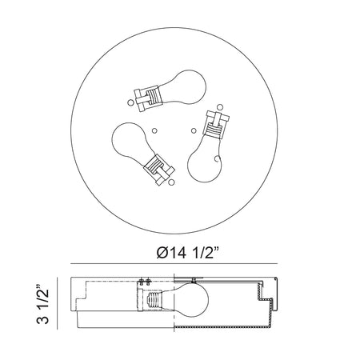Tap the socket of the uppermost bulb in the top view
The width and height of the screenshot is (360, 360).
[148, 98]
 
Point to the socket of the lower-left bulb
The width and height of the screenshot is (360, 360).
[159, 170]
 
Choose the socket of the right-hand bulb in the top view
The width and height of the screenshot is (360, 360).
[216, 125]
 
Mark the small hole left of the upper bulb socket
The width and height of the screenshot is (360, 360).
[130, 102]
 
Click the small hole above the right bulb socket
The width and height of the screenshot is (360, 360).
[220, 107]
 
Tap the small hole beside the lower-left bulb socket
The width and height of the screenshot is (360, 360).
[172, 182]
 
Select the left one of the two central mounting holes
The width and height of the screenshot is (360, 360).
[154, 130]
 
